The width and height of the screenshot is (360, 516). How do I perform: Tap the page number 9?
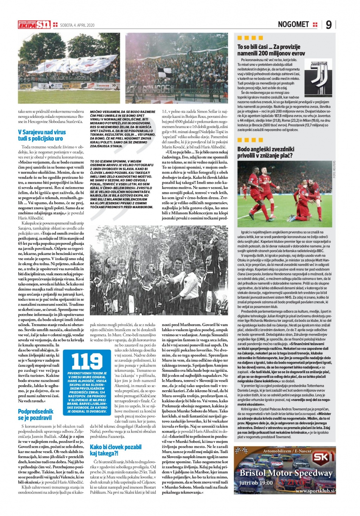coord(328,25)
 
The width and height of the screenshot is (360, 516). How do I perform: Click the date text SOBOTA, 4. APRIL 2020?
coord(77,25)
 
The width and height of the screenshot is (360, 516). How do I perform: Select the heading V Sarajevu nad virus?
coord(42,135)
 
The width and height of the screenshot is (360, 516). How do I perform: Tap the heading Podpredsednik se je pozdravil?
coord(36,414)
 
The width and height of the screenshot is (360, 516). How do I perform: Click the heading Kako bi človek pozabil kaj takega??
coord(115,450)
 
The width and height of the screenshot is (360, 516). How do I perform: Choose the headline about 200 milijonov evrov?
coord(271,50)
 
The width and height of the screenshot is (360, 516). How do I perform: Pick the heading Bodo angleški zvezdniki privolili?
coord(266,152)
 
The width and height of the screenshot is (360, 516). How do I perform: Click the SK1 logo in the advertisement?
coord(323,457)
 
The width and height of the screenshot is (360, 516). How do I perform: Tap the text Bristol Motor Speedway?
coord(286,473)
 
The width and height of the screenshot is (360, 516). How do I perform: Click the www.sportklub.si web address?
coord(315,490)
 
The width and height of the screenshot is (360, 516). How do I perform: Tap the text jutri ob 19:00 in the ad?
coord(256,483)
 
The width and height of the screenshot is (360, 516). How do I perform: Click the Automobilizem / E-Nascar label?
coord(287,451)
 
